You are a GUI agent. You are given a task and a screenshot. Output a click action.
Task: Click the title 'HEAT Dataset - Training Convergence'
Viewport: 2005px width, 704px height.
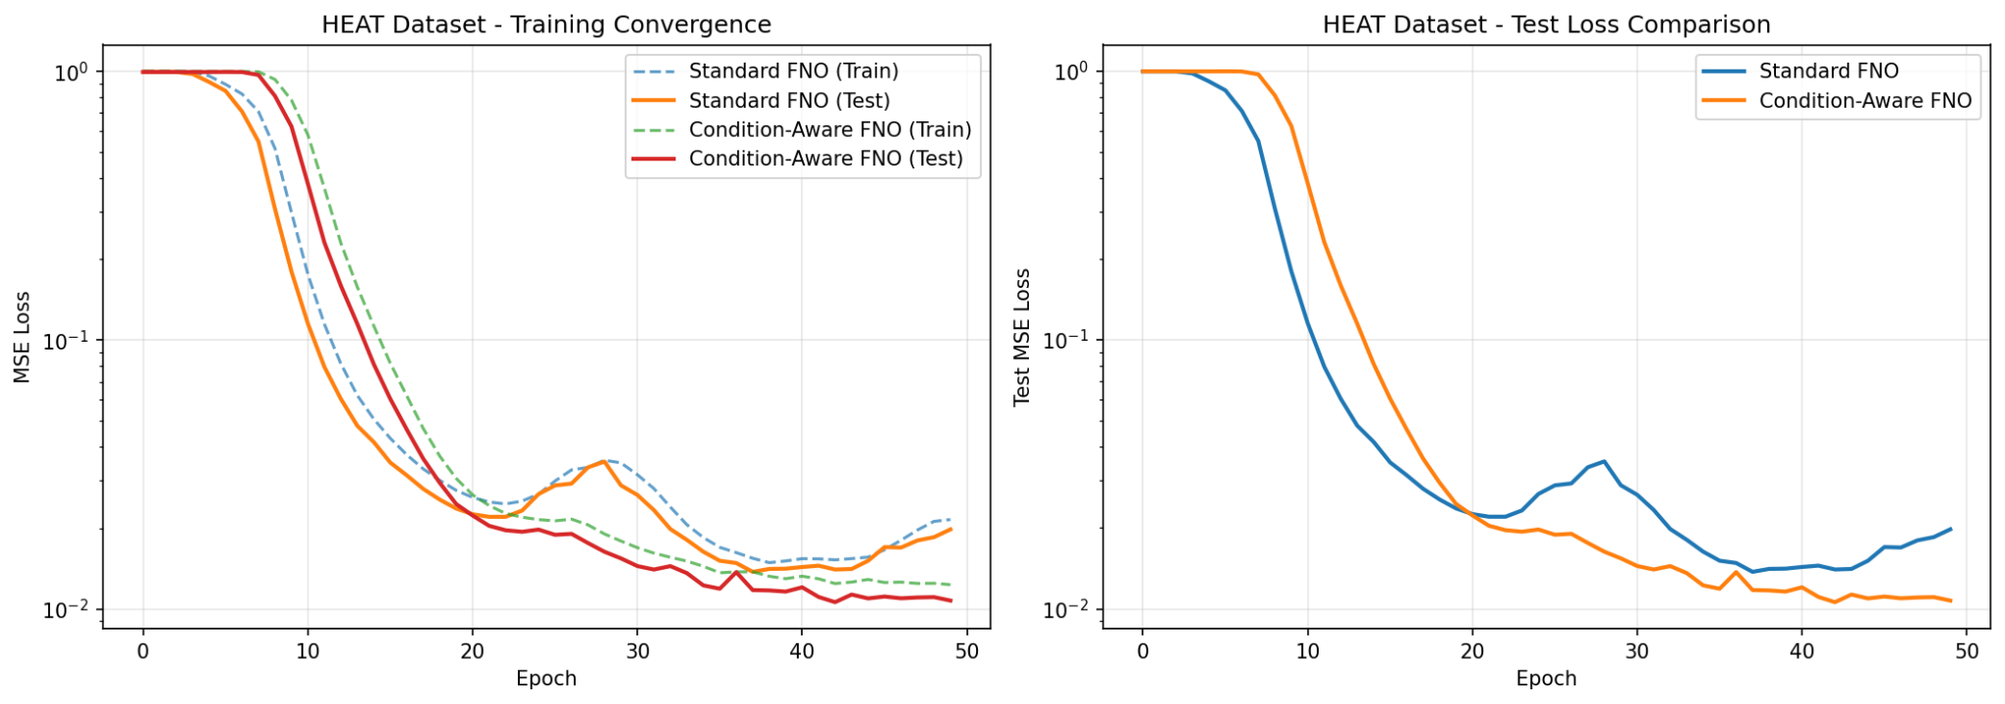coord(546,24)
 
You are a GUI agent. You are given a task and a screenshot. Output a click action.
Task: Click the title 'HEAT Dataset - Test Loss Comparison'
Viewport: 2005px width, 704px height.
coord(1546,24)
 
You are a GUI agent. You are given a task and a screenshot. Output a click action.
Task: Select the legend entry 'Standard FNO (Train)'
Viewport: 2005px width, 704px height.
coord(793,71)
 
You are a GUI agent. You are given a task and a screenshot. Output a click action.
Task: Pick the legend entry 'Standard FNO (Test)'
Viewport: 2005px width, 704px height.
coord(789,101)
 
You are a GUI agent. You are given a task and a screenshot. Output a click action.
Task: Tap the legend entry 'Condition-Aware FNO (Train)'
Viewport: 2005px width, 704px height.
coord(829,130)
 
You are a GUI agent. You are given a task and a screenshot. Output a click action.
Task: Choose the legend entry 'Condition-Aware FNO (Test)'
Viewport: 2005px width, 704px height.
coord(825,159)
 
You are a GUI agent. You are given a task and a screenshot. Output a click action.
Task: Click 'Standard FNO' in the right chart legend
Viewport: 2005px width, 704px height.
coord(1828,71)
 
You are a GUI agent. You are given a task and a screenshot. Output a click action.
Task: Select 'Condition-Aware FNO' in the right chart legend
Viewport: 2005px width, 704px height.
coord(1864,101)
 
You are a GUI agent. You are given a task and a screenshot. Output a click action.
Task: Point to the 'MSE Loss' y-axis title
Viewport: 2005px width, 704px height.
coord(22,337)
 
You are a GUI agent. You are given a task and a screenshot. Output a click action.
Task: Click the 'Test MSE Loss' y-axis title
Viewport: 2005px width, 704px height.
coord(1022,337)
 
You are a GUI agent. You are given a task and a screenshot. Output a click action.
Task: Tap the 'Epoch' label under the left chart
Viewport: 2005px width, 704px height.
coord(546,679)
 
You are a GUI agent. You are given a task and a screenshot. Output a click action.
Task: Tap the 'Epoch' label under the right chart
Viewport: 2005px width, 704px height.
coord(1546,679)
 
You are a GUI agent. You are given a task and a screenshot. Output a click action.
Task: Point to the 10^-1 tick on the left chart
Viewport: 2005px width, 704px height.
coord(70,341)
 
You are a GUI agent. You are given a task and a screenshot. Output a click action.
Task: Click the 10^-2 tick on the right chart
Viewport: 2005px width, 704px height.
coord(1069,610)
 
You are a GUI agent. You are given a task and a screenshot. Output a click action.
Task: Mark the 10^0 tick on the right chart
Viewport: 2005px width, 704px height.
coord(1073,72)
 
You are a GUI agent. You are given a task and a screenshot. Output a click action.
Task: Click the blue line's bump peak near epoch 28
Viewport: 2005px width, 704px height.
coord(1604,461)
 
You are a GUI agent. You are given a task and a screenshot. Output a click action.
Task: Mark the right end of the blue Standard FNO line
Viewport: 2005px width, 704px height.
coord(1950,530)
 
